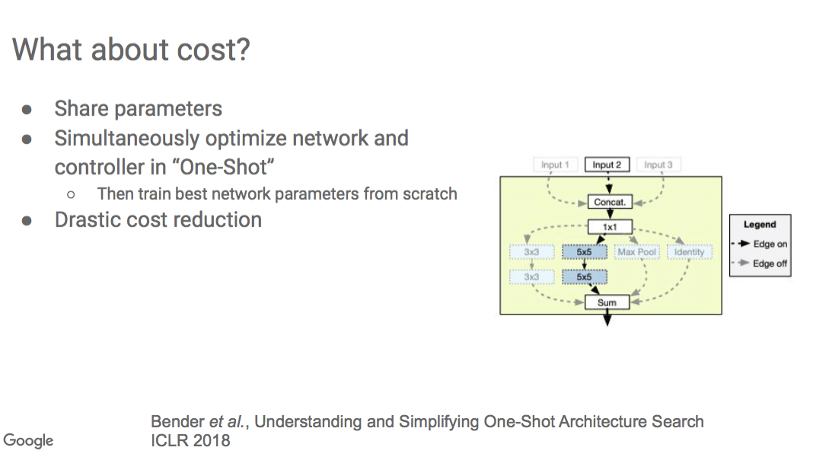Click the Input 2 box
point(607,165)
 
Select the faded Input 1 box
point(555,165)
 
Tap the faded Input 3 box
point(658,165)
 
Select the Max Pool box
point(636,252)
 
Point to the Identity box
point(689,252)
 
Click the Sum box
point(607,302)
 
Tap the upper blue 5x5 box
point(584,252)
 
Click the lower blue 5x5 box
point(584,277)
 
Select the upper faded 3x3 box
point(531,252)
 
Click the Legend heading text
point(760,225)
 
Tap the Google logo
point(28,441)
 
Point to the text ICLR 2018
point(190,440)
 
